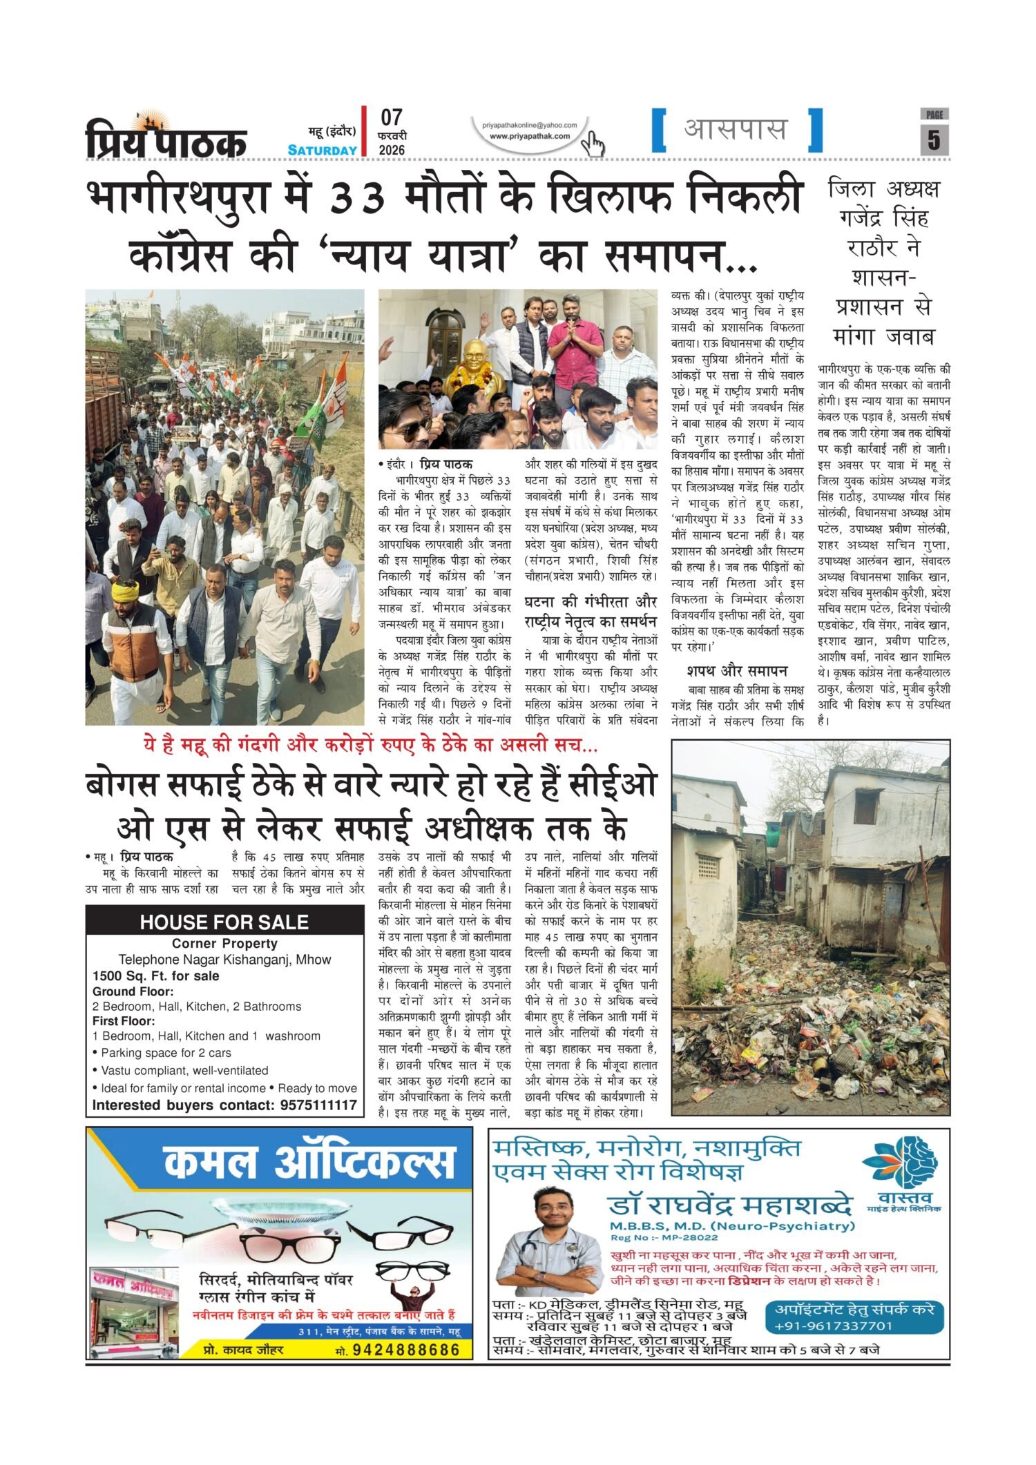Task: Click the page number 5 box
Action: [x=934, y=139]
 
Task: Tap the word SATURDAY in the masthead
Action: [x=323, y=150]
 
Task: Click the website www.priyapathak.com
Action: [x=530, y=136]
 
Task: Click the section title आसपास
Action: [x=736, y=129]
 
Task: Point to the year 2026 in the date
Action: [x=392, y=150]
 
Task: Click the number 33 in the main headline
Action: [x=357, y=199]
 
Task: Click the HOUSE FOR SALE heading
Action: [x=224, y=922]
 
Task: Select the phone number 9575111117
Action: [x=318, y=1105]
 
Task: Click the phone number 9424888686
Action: [x=406, y=1350]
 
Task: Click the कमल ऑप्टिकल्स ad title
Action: [x=309, y=1161]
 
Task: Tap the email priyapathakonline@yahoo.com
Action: [x=530, y=125]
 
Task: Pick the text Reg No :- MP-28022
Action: [x=654, y=1237]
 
